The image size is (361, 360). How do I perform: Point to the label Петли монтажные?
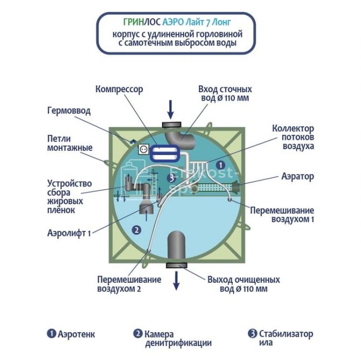70,144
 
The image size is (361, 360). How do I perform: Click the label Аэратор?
298,176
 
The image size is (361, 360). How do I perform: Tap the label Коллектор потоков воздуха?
293,137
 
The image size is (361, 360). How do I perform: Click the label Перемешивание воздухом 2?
129,284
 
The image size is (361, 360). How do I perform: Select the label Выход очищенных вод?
243,284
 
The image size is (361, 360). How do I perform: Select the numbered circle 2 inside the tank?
137,230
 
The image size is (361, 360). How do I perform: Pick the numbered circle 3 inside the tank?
171,178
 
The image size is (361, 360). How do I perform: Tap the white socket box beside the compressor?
143,149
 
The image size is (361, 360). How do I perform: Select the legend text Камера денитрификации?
177,338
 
